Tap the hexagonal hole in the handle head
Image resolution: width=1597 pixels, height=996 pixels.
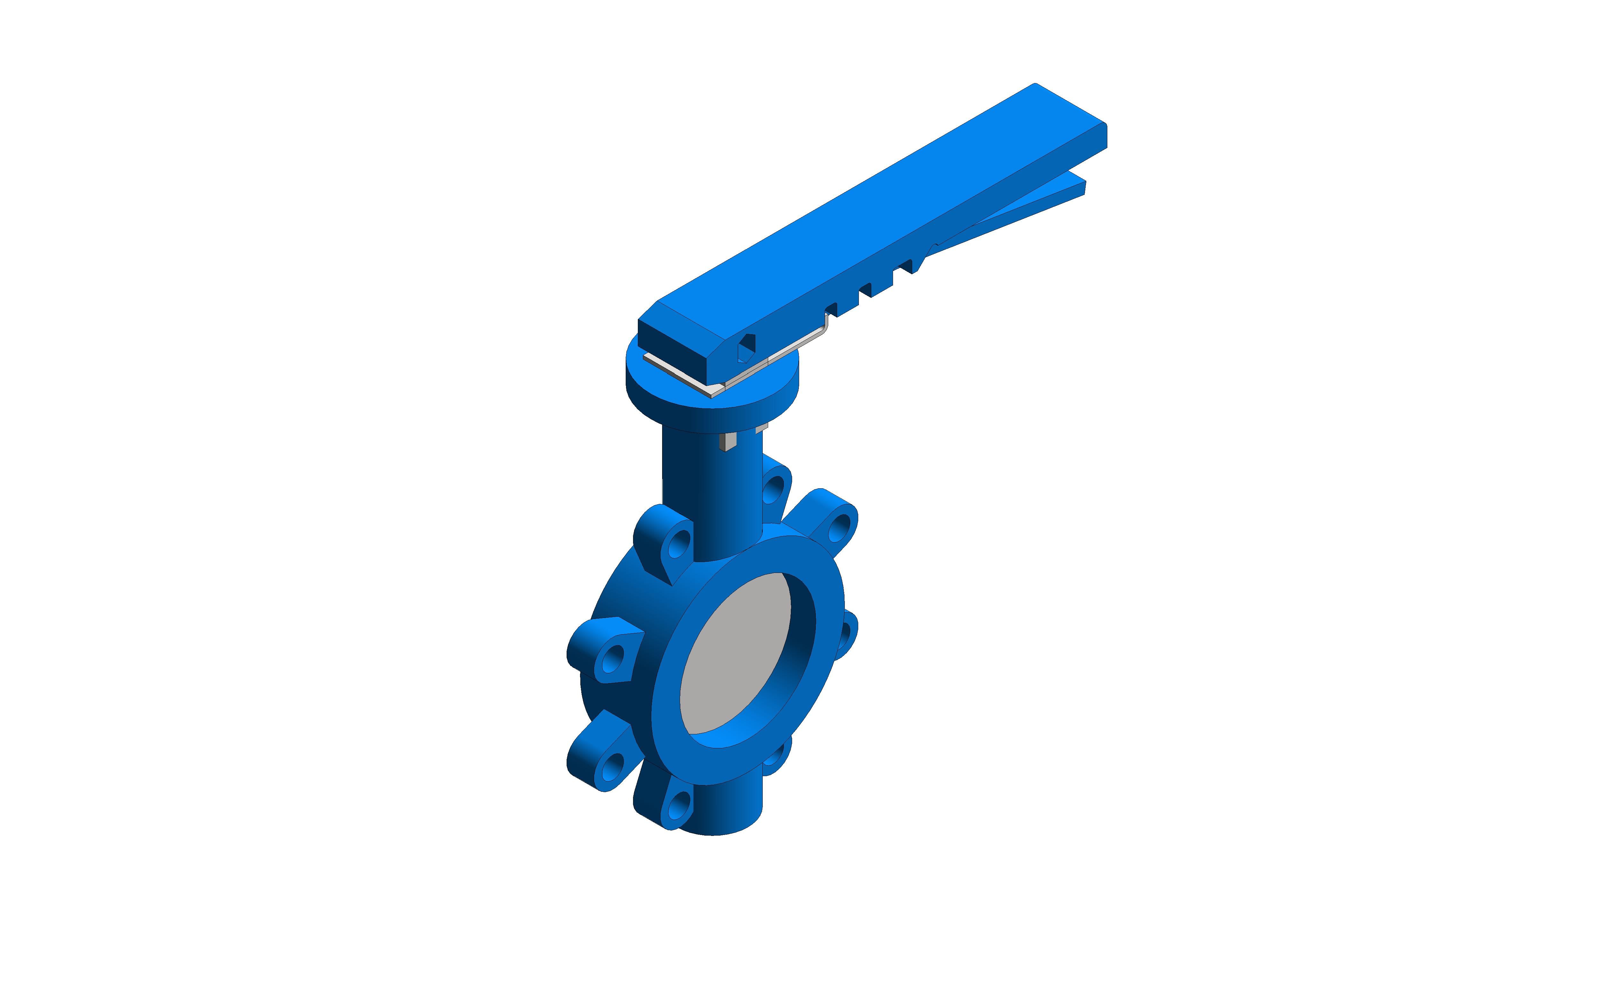pos(746,347)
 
